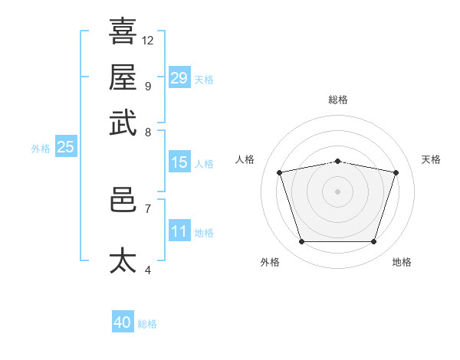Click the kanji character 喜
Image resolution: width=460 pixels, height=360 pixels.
(x=123, y=31)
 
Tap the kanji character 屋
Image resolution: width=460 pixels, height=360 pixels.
(x=123, y=77)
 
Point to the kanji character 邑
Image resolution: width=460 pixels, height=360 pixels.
(x=123, y=199)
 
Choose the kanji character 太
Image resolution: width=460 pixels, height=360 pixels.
(x=123, y=260)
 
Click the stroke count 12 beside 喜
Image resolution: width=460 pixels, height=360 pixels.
(x=148, y=40)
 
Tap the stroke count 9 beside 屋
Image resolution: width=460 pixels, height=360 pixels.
(x=147, y=86)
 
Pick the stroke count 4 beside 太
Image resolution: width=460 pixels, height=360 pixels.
(x=147, y=270)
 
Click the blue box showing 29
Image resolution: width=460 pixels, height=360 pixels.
(x=179, y=77)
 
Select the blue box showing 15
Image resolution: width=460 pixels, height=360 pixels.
(x=179, y=162)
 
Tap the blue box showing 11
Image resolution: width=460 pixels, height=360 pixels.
(x=179, y=231)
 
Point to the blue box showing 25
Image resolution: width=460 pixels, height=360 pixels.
(x=65, y=147)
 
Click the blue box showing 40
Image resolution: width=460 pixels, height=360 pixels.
(x=123, y=322)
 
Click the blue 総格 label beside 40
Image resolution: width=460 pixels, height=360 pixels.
(x=147, y=324)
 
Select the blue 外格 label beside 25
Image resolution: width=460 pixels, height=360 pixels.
(x=41, y=149)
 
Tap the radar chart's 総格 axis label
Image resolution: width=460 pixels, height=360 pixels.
(x=338, y=100)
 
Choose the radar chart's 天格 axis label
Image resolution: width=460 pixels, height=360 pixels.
(x=431, y=159)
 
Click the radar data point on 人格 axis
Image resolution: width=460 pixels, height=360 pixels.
(x=280, y=172)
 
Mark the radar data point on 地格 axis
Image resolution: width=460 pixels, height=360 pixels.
(x=373, y=242)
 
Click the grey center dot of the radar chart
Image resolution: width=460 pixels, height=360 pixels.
(x=338, y=191)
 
